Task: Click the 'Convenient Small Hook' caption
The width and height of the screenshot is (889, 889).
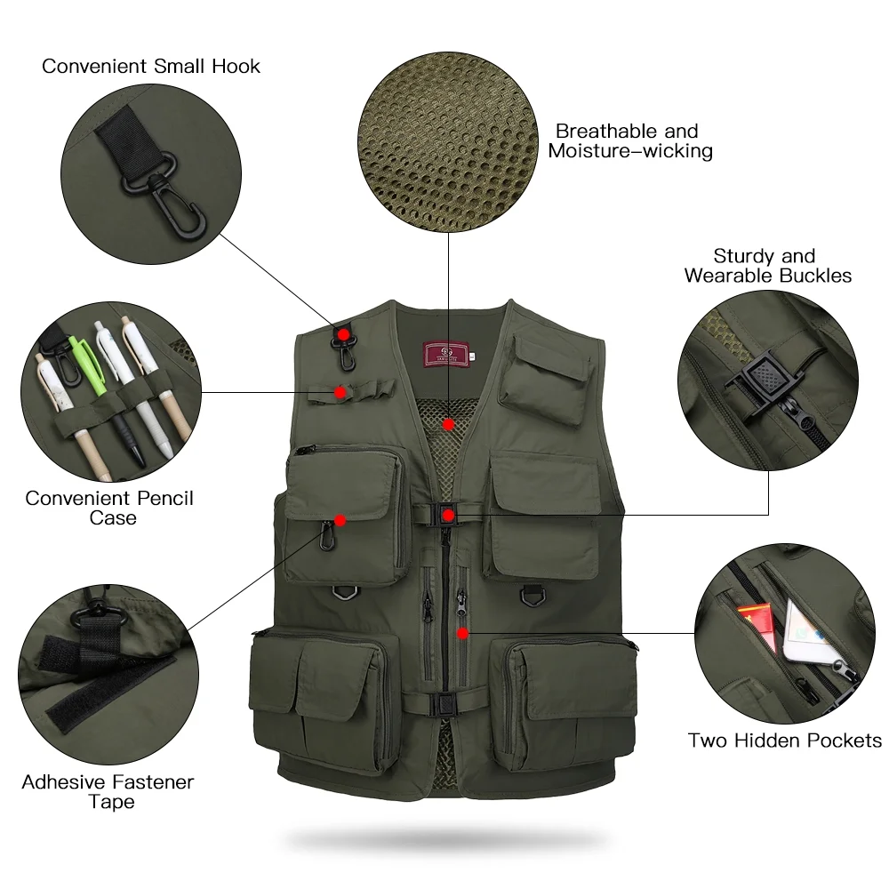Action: (151, 66)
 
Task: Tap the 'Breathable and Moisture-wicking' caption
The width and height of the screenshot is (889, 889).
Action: (629, 141)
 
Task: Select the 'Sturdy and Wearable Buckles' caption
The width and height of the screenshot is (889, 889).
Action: (767, 266)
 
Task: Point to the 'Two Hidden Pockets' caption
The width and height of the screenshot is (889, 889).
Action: (785, 741)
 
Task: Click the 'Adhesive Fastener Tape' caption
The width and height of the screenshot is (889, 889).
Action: (108, 792)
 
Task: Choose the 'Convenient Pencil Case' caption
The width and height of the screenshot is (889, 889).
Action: (109, 508)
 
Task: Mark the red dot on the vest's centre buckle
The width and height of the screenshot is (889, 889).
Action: (449, 515)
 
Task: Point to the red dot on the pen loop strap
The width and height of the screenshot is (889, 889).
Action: (340, 390)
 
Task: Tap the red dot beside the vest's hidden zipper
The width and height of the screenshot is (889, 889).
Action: (462, 633)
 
